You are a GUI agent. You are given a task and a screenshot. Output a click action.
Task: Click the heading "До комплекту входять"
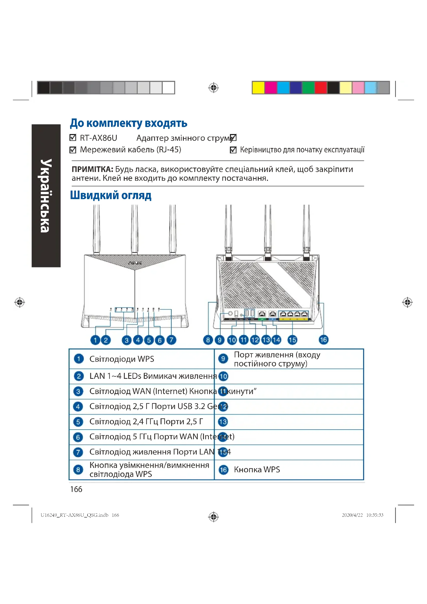pyautogui.click(x=128, y=123)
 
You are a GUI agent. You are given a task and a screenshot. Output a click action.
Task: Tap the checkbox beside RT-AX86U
pyautogui.click(x=73, y=138)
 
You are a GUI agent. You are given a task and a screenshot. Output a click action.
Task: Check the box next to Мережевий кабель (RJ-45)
pyautogui.click(x=73, y=150)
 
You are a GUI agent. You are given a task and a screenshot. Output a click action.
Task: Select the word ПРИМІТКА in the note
pyautogui.click(x=92, y=169)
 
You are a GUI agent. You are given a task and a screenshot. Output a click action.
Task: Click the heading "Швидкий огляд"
pyautogui.click(x=111, y=195)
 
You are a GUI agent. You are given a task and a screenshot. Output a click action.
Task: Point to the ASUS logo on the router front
pyautogui.click(x=135, y=263)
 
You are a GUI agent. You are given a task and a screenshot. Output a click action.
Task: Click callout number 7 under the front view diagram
pyautogui.click(x=171, y=340)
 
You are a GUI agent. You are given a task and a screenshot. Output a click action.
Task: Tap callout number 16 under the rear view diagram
pyautogui.click(x=323, y=340)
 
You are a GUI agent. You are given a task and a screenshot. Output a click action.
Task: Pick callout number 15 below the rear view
pyautogui.click(x=292, y=340)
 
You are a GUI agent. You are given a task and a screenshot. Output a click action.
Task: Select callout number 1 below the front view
pyautogui.click(x=95, y=340)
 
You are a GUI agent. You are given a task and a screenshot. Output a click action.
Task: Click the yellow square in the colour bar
pyautogui.click(x=258, y=88)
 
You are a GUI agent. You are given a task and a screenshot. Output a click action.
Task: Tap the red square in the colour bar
pyautogui.click(x=321, y=88)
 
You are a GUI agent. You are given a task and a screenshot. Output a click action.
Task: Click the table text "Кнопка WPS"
pyautogui.click(x=257, y=469)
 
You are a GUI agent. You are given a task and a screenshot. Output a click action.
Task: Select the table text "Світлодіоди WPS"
pyautogui.click(x=122, y=359)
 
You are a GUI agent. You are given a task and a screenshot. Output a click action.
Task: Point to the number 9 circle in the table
pyautogui.click(x=223, y=359)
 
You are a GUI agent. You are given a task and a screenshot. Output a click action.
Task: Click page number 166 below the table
pyautogui.click(x=76, y=489)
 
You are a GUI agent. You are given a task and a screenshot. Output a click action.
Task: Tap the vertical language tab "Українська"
pyautogui.click(x=46, y=195)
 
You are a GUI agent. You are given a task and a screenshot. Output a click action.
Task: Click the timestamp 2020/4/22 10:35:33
pyautogui.click(x=362, y=515)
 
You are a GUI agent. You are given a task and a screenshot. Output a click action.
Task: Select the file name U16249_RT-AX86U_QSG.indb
pyautogui.click(x=74, y=515)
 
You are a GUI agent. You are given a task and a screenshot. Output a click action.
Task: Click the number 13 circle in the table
pyautogui.click(x=223, y=422)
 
